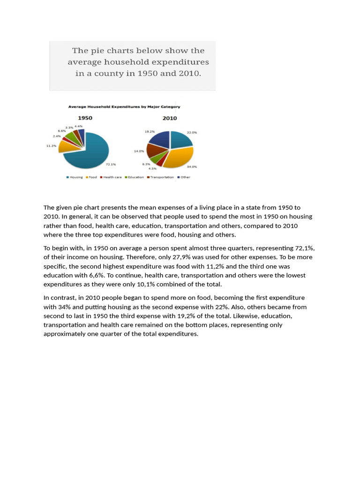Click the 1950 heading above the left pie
pos(85,118)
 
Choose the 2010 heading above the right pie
pos(170,118)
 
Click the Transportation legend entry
pos(162,177)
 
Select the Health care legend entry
pos(112,177)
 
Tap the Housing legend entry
pos(75,177)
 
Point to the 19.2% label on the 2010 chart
pos(150,132)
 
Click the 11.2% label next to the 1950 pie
pos(51,146)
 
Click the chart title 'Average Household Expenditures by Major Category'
pos(124,107)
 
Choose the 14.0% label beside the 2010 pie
pos(139,151)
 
